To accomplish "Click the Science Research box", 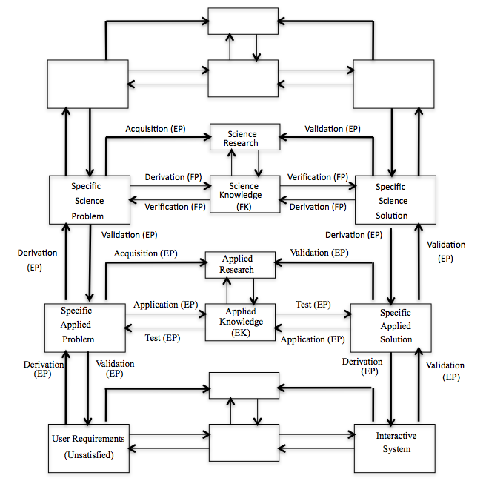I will pyautogui.click(x=244, y=139).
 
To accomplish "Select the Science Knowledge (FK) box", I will pyautogui.click(x=244, y=195).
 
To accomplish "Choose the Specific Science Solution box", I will pyautogui.click(x=391, y=200).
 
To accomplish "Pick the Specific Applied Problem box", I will pyautogui.click(x=82, y=326).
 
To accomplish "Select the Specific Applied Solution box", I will pyautogui.click(x=391, y=326).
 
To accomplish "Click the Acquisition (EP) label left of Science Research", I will pyautogui.click(x=156, y=128).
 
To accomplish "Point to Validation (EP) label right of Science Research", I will pyautogui.click(x=333, y=129).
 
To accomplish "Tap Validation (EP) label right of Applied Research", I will pyautogui.click(x=319, y=253).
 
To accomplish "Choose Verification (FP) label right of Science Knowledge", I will pyautogui.click(x=319, y=178).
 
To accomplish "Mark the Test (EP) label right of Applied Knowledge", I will pyautogui.click(x=314, y=305).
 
